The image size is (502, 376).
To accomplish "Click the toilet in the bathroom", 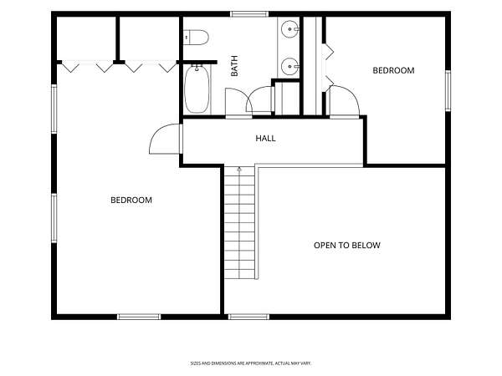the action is pos(197,38).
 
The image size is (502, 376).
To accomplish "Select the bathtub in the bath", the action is pos(197,89).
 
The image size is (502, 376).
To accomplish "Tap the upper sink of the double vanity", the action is pos(290,29).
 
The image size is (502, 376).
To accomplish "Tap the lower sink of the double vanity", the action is pos(290,67).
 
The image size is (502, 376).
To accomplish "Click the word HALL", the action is pos(265,139).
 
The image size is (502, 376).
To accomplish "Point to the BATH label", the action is pos(234,66).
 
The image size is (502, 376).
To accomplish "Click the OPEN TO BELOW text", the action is pos(347,245).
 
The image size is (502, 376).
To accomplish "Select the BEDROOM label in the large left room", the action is pos(131,201).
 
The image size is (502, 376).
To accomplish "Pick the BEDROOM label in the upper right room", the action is pos(393,70).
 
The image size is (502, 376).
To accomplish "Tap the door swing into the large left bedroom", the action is pos(165,139).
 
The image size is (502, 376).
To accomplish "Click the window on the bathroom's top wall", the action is pos(249,14).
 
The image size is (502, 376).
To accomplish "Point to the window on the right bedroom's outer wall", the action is pos(448,91).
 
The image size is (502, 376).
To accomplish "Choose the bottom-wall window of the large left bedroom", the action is pos(139,317).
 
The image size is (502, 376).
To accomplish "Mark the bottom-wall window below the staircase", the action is pos(248,317).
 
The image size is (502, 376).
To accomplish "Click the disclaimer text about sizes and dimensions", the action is pos(251,363).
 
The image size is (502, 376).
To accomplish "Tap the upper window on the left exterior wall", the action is pos(54,109).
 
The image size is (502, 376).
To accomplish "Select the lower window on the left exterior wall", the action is pos(54,218).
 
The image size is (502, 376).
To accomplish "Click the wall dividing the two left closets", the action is pos(117,39).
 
